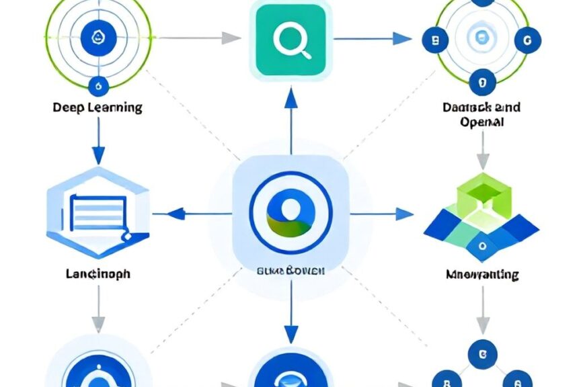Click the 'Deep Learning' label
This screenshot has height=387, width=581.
pos(98,107)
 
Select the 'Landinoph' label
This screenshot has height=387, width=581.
pos(98,274)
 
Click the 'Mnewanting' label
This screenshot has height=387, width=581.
pos(482,274)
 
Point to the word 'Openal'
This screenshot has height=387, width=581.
pos(482,122)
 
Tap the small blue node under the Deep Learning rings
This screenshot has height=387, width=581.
pos(99,85)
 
